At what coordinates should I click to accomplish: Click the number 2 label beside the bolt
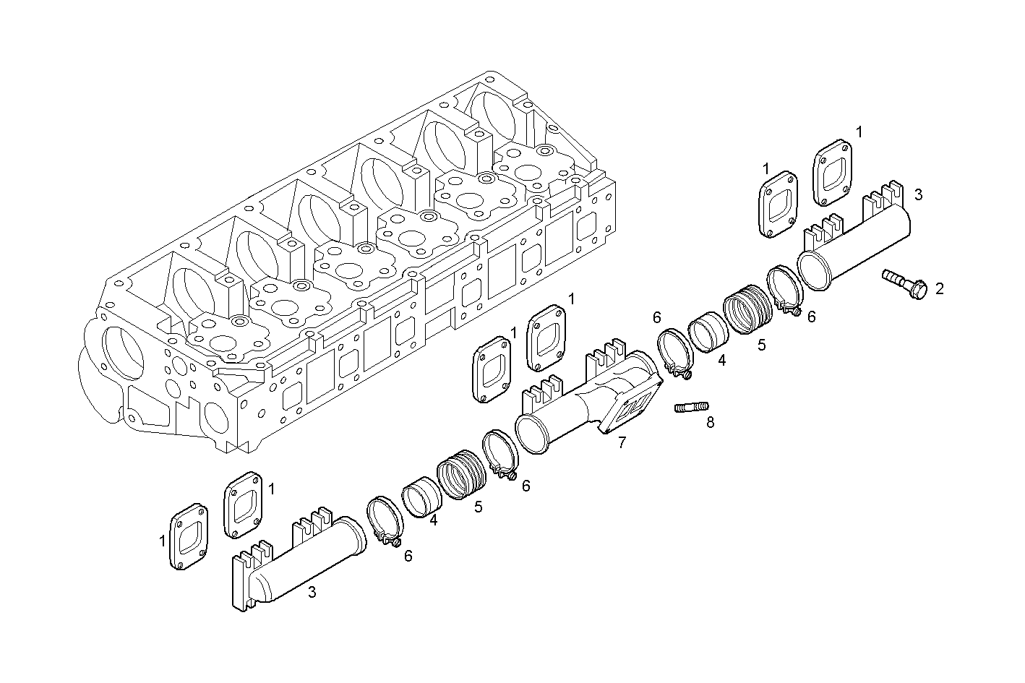click(939, 289)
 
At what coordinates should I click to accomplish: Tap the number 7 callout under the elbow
click(622, 443)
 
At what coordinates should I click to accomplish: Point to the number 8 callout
click(710, 423)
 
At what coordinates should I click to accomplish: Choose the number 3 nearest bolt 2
click(917, 194)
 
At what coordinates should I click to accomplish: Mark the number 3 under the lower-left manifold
click(312, 593)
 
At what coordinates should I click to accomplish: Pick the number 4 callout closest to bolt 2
click(721, 359)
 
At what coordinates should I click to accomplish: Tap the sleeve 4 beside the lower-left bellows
click(419, 496)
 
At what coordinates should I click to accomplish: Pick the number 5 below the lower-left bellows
click(479, 507)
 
